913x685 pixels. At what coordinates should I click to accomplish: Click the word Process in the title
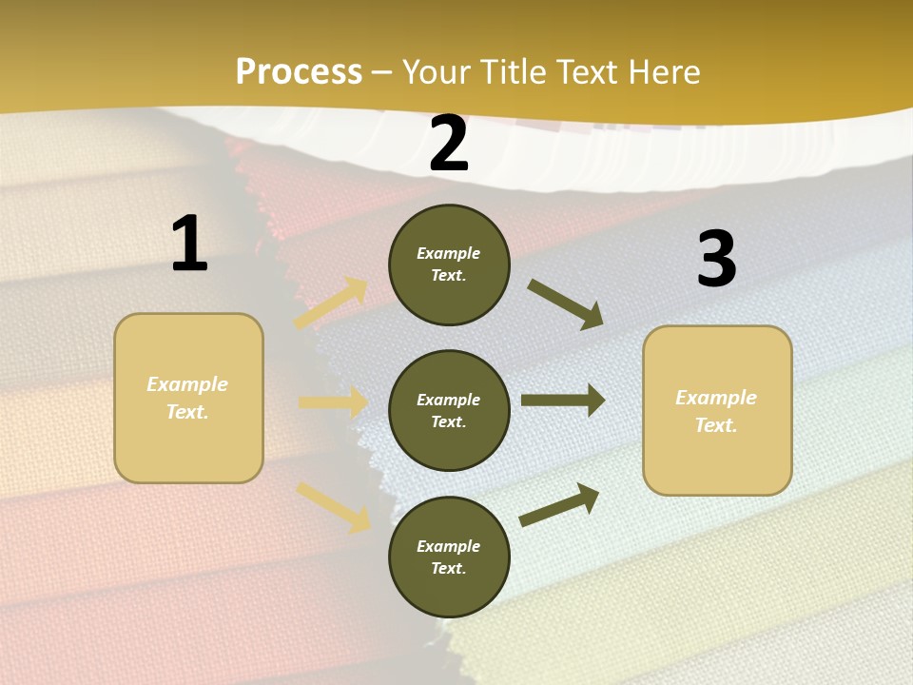(x=299, y=72)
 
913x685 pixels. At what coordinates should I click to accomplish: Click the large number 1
(x=189, y=245)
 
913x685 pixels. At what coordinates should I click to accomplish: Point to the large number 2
(x=449, y=145)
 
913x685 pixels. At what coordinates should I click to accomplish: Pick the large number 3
(x=716, y=260)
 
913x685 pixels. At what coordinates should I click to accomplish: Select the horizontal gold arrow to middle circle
(x=333, y=402)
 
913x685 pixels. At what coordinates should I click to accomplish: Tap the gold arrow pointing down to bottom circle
(x=334, y=506)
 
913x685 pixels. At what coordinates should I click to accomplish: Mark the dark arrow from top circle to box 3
(x=566, y=303)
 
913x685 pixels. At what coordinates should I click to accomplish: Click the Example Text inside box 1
(x=187, y=398)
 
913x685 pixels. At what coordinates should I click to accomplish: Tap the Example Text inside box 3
(x=716, y=411)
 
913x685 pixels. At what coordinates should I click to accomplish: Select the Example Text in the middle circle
(x=449, y=410)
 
